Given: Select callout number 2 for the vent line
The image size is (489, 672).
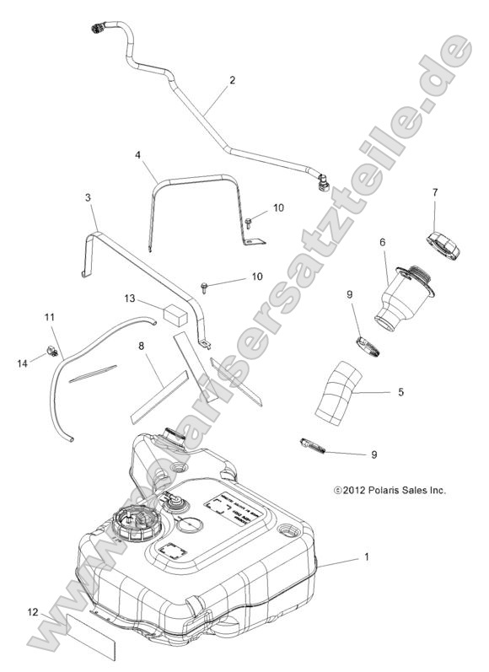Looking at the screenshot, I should (232, 81).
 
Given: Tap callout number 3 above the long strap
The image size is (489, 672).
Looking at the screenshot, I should (89, 221).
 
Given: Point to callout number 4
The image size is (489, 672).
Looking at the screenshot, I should (138, 155).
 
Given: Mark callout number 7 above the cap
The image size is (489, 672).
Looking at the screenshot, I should (435, 193).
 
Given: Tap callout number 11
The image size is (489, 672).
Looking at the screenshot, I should (49, 317).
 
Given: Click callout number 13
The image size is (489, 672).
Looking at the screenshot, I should (129, 298).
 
